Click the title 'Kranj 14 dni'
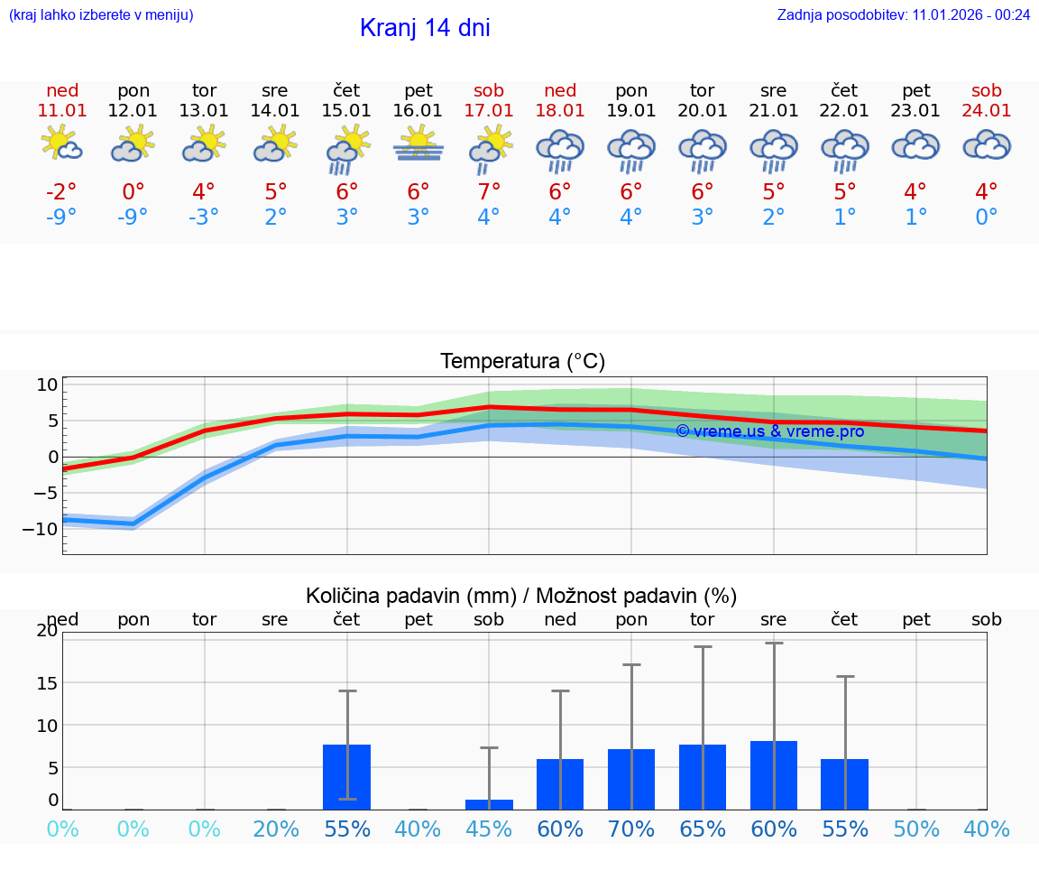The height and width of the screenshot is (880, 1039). click(425, 28)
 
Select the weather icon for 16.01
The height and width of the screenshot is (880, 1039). click(418, 145)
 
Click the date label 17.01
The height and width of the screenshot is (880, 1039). click(489, 110)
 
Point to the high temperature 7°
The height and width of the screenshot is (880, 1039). click(489, 191)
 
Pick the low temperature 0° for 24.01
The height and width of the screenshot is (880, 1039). click(987, 218)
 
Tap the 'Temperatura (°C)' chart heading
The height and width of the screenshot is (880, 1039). click(522, 362)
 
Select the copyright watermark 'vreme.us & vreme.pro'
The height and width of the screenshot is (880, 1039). click(770, 431)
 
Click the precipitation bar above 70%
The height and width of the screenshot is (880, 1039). click(631, 779)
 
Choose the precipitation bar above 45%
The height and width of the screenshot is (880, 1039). click(489, 804)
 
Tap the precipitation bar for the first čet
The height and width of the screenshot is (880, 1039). click(347, 777)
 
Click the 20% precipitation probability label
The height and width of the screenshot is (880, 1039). click(275, 829)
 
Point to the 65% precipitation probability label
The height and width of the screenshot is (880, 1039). click(703, 829)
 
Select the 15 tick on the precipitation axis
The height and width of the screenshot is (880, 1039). click(47, 682)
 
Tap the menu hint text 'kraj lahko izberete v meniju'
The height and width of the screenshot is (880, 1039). click(101, 14)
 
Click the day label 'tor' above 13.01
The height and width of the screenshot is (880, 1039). click(204, 90)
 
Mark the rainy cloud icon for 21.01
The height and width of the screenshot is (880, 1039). click(774, 149)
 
